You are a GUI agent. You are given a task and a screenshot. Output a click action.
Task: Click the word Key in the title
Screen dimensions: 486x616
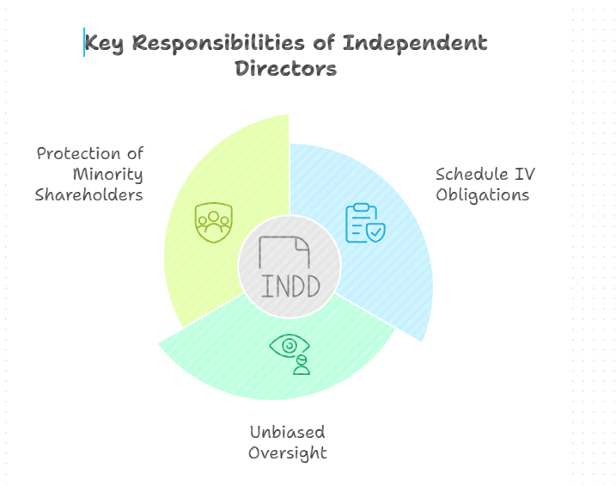[104, 42]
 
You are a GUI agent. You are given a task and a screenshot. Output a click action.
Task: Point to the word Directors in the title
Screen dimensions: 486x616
[285, 69]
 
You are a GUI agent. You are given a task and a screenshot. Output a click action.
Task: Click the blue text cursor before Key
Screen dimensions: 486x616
[84, 42]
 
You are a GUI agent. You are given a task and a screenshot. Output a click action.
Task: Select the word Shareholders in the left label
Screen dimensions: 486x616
[88, 194]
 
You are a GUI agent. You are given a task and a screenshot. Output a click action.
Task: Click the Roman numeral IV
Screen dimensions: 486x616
[525, 175]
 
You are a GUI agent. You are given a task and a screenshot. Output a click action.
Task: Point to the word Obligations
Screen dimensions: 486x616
[482, 194]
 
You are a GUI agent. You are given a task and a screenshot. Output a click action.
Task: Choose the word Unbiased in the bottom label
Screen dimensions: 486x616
[287, 432]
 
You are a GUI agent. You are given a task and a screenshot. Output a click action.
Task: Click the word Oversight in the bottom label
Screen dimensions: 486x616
[287, 452]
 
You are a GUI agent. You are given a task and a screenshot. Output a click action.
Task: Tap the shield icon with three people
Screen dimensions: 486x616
[213, 223]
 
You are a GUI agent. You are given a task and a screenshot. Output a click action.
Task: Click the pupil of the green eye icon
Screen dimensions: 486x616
[290, 345]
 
